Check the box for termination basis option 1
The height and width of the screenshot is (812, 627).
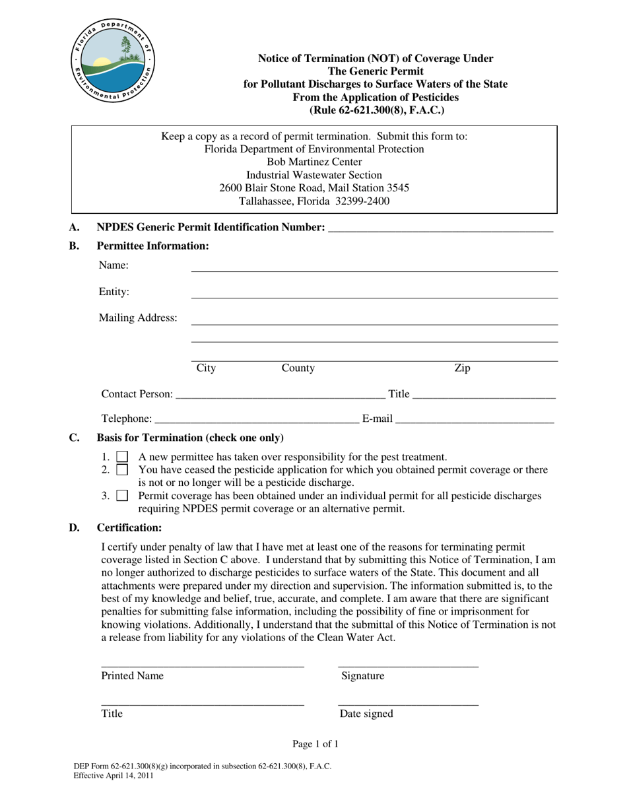pos(122,457)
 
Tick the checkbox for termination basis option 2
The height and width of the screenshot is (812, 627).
pos(122,470)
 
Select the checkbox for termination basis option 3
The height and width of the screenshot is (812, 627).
pos(122,496)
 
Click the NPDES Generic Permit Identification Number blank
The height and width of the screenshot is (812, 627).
pos(440,228)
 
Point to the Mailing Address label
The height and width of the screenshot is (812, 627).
pos(138,318)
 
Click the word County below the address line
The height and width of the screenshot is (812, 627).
pos(298,368)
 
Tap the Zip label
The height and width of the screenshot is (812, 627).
pos(462,368)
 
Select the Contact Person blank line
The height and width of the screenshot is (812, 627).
pos(280,395)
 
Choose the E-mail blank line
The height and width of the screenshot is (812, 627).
pos(475,419)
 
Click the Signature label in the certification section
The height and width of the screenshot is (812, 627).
pos(362,676)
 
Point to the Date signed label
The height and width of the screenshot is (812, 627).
pos(366,714)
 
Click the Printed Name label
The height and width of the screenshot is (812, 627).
pos(132,676)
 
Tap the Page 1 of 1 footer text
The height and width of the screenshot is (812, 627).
pos(315,745)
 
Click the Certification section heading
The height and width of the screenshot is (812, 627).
pos(129,527)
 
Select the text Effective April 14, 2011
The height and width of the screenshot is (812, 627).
pos(114,776)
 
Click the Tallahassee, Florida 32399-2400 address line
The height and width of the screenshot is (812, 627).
pos(314,201)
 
